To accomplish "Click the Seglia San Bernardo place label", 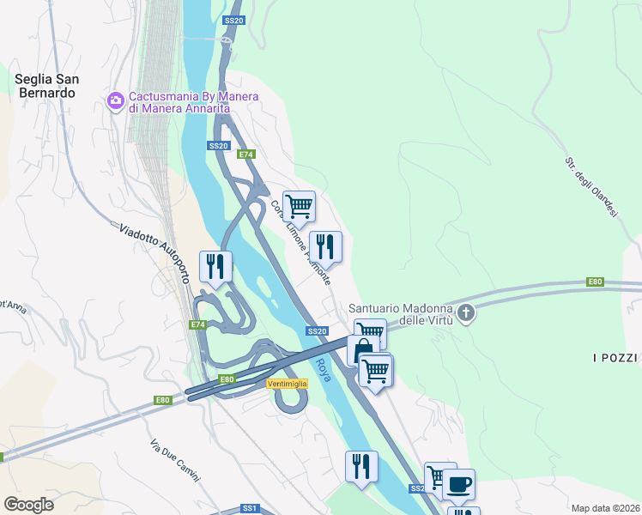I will [x=47, y=85].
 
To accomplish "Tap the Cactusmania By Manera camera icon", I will [x=115, y=102].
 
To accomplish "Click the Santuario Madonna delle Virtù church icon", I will [x=466, y=313].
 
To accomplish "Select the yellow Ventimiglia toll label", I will [x=288, y=383].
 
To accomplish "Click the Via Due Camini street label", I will [x=173, y=460].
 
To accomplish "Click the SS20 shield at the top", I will [x=233, y=20].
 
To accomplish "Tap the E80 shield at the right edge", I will [x=596, y=282].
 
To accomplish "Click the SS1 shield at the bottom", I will [x=250, y=508].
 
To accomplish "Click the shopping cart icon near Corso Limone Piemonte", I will [x=299, y=205].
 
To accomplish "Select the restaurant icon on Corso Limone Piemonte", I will [x=325, y=246].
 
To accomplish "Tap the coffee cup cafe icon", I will [x=458, y=483].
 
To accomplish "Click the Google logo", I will [x=28, y=504].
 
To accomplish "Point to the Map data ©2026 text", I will [x=605, y=508].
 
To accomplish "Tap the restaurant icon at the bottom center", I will [x=361, y=466].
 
